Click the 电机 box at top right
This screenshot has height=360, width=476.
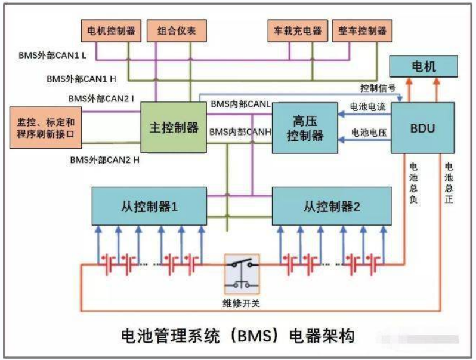(424, 66)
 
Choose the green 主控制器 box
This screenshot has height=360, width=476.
(173, 127)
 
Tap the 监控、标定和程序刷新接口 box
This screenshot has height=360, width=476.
(45, 127)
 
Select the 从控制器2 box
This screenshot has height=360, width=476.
(332, 208)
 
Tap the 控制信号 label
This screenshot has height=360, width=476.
(378, 88)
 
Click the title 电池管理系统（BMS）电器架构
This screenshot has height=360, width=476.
(237, 335)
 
